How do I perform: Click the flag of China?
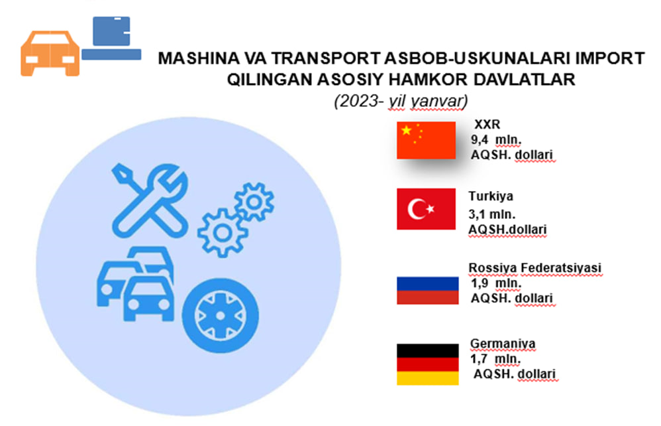click(426, 140)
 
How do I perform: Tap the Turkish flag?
click(426, 208)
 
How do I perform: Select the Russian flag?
click(427, 291)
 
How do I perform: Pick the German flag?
click(427, 364)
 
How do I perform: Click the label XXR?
click(487, 125)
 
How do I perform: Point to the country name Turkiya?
click(491, 196)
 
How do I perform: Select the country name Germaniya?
click(503, 344)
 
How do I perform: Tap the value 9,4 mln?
click(496, 140)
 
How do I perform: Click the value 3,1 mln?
click(492, 214)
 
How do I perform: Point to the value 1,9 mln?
click(496, 283)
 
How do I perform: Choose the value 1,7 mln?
click(495, 359)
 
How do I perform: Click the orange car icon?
click(50, 53)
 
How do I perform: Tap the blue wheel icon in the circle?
click(220, 315)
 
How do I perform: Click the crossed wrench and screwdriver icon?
click(150, 200)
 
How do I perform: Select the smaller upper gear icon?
click(254, 202)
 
